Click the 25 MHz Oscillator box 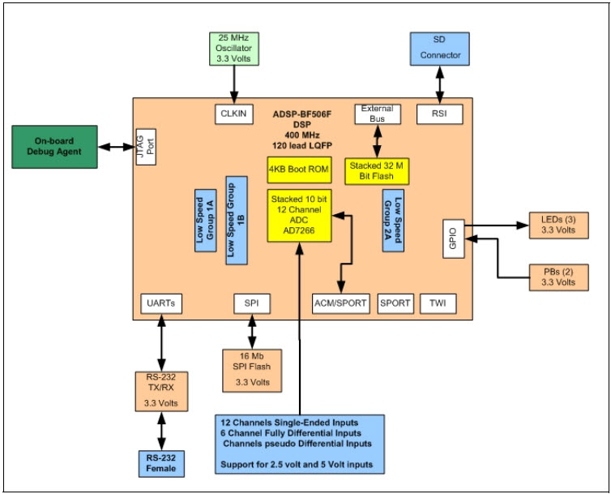coord(233,48)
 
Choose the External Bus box coord(375,114)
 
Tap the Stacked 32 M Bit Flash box coord(375,170)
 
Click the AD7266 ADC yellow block coord(301,215)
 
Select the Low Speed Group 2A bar coord(393,220)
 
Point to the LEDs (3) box coord(553,225)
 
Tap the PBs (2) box coord(553,276)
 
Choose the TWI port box coord(438,304)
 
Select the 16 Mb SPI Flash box coord(253,369)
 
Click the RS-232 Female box coord(162,463)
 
